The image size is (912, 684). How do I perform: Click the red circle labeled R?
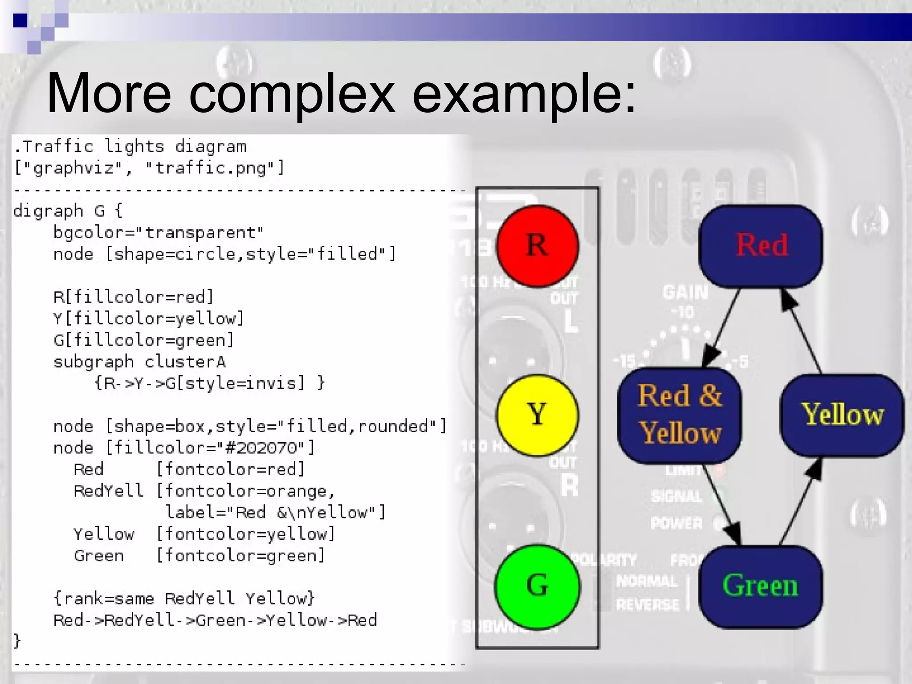point(537,246)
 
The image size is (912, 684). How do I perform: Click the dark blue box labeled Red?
point(761,246)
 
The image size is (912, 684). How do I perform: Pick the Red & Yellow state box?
point(680,415)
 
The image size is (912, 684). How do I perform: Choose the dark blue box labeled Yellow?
point(842,415)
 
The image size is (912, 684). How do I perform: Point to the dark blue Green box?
point(761,586)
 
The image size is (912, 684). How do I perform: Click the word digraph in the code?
point(48,211)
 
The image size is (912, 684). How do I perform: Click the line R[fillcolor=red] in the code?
point(134,297)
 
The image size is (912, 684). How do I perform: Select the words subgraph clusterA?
point(139,362)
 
